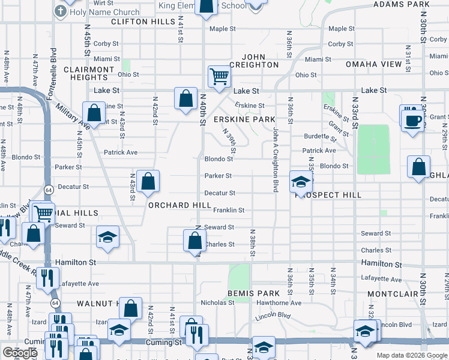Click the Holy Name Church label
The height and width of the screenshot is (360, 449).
tap(104, 12)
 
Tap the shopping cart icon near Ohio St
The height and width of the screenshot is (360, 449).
tap(219, 77)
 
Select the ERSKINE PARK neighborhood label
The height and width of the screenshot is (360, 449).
tap(244, 119)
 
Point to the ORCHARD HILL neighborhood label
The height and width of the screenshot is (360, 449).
tap(179, 205)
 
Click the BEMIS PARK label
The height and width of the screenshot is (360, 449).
tap(253, 293)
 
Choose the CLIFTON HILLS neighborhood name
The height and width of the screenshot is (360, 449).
tap(143, 22)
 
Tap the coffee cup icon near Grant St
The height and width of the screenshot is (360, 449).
tap(413, 119)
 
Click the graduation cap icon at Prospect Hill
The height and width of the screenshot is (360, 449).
tap(301, 181)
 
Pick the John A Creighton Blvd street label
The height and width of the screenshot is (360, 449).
tap(276, 159)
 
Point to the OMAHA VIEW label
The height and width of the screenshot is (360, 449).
tap(373, 64)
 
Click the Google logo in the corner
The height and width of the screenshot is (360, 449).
tap(20, 353)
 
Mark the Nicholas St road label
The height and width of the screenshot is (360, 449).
tap(217, 303)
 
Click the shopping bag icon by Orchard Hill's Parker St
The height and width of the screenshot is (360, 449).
tap(147, 181)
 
